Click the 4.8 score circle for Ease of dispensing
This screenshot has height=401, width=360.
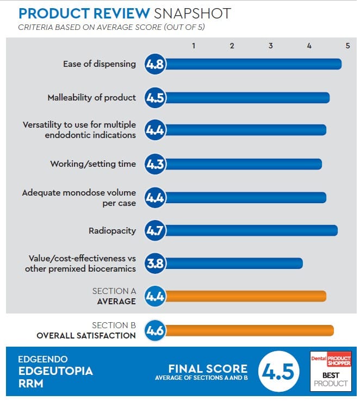click(155, 64)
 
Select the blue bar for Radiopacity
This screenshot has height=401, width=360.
click(250, 231)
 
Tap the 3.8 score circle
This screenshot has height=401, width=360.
click(155, 264)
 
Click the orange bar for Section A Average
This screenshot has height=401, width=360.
click(245, 296)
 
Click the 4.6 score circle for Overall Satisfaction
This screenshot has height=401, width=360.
click(155, 330)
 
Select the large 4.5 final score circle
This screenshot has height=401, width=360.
click(277, 373)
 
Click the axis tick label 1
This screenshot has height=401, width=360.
click(194, 46)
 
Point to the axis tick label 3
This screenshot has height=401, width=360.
click(270, 46)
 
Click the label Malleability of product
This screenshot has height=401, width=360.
click(91, 98)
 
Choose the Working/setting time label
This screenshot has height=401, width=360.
click(93, 164)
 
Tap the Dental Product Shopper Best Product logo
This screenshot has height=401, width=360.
click(331, 371)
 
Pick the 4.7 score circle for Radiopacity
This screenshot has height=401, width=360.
click(155, 231)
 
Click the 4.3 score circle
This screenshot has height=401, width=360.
click(155, 164)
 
